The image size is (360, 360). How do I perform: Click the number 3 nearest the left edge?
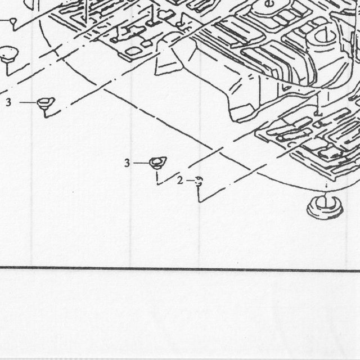pos(8,102)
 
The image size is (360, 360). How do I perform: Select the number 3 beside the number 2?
pos(127,163)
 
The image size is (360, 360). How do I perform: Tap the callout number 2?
pos(180,181)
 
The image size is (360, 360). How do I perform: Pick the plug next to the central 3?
pos(157,163)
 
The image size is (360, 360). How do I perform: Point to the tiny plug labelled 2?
pos(199,181)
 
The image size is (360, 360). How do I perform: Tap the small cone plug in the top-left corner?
pos(13,22)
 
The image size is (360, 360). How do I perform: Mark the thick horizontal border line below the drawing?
pos(180,269)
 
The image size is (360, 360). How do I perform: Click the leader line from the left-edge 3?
pos(28,102)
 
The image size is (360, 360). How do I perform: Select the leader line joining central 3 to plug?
pos(141,163)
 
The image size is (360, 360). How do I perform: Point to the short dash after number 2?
pos(190,181)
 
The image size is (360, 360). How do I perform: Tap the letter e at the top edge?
pos(268,3)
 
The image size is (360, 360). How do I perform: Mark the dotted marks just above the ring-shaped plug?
pos(326,185)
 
